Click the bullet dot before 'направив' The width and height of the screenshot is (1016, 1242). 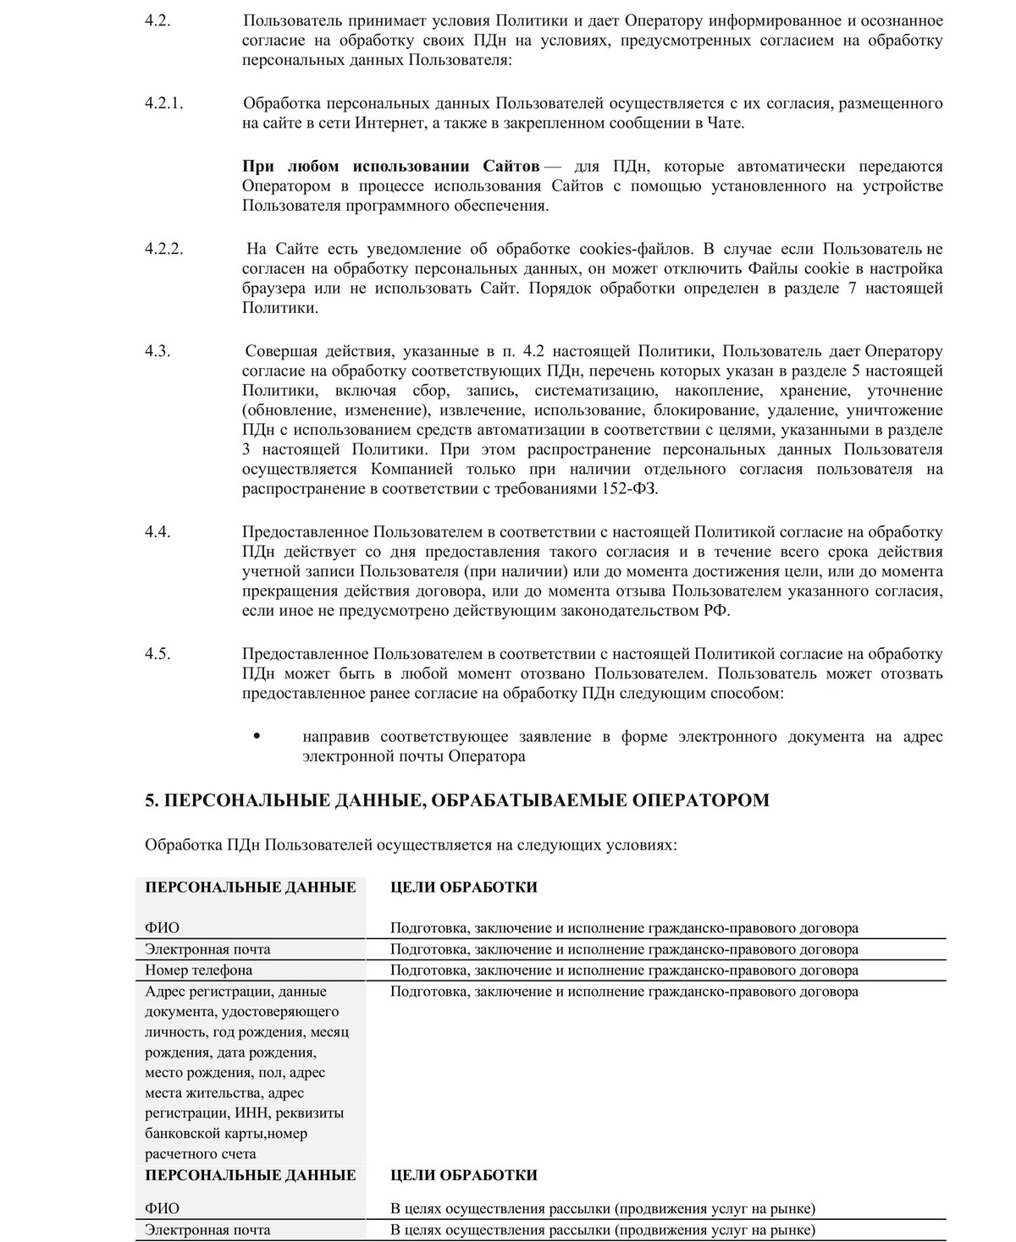click(x=256, y=736)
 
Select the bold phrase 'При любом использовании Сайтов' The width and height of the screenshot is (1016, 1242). click(x=391, y=166)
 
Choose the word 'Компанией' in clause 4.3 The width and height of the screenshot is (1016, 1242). click(x=411, y=469)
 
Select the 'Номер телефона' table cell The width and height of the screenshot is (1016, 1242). click(x=199, y=970)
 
